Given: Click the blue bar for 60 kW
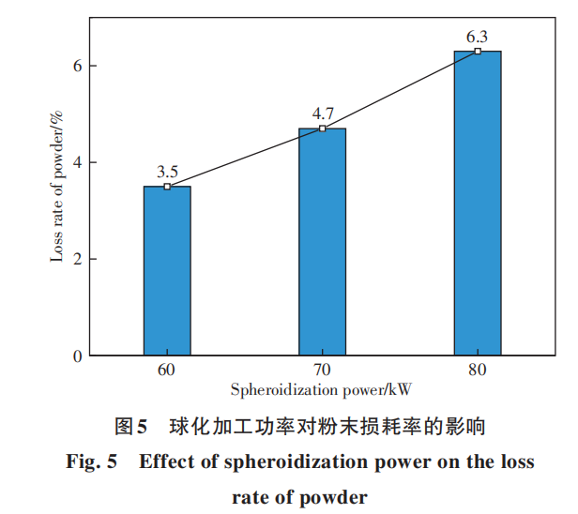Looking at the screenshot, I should [x=167, y=271].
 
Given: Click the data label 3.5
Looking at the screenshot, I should [x=167, y=172].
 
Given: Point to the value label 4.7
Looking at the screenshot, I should [x=323, y=113].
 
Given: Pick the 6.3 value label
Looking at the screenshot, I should [x=478, y=37].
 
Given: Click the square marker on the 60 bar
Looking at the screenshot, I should [x=167, y=187].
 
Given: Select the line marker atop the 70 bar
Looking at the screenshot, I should [x=322, y=128].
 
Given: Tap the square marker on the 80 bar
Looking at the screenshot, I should [x=478, y=51].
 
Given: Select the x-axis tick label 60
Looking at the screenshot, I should [x=167, y=370].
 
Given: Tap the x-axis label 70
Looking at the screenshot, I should [x=322, y=370].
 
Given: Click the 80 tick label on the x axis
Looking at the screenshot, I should [x=478, y=370].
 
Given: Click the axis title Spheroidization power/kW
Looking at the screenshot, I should [x=322, y=389].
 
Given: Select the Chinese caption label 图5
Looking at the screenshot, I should [x=131, y=428].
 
